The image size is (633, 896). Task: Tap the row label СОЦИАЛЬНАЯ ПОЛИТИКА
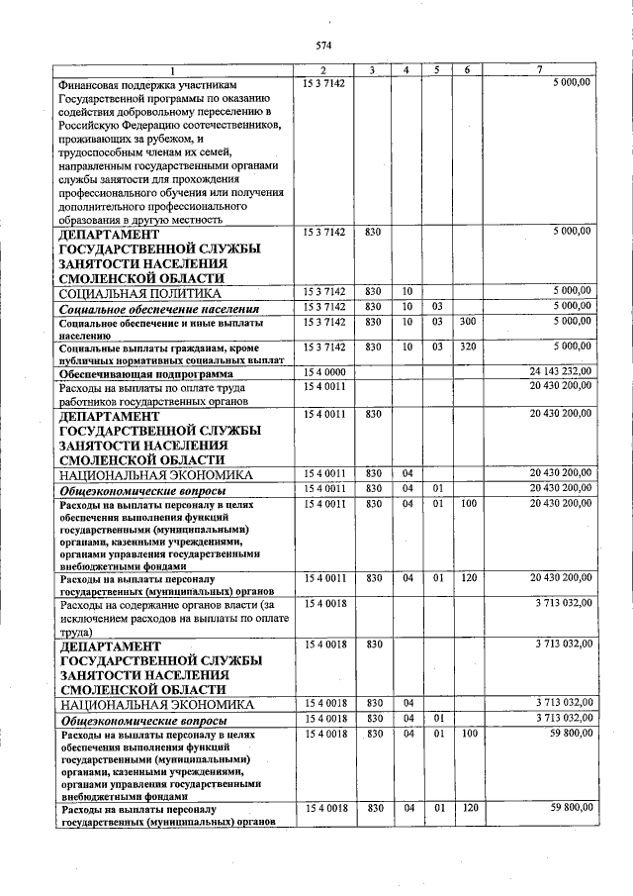pyautogui.click(x=139, y=294)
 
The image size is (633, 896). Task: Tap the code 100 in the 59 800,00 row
pyautogui.click(x=468, y=733)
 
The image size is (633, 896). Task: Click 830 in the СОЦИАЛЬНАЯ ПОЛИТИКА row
pyautogui.click(x=373, y=290)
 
